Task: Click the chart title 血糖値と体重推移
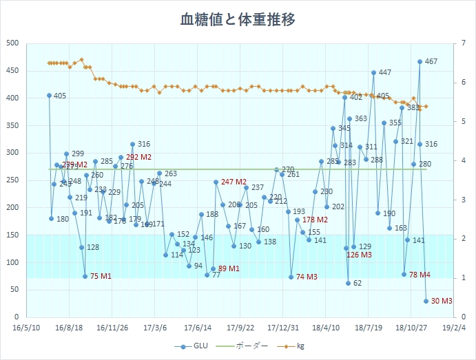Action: coord(238,19)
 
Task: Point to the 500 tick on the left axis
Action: coord(12,43)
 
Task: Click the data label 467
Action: coord(431,62)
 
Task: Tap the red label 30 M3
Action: coord(442,301)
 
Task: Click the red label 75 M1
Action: coord(101,276)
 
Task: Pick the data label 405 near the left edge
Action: coord(59,96)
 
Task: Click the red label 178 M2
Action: coord(315,220)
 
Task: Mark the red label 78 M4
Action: coord(420,275)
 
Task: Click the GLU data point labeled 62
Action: coord(349,283)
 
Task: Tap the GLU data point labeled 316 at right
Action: coord(420,145)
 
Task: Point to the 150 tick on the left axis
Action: coord(12,235)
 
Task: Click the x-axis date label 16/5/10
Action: coord(26,328)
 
